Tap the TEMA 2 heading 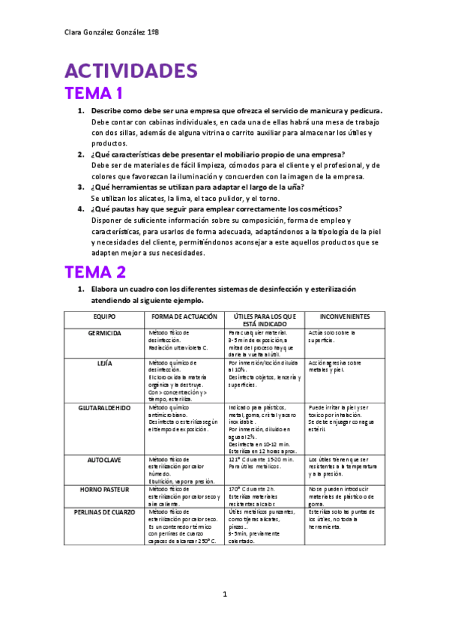tap(94, 271)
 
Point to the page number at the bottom tap(224, 597)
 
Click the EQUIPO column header tap(104, 316)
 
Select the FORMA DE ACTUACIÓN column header tap(184, 316)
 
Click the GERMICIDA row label tap(104, 332)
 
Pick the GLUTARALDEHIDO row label tap(104, 408)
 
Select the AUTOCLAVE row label tap(104, 458)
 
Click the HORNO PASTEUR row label tap(104, 489)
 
